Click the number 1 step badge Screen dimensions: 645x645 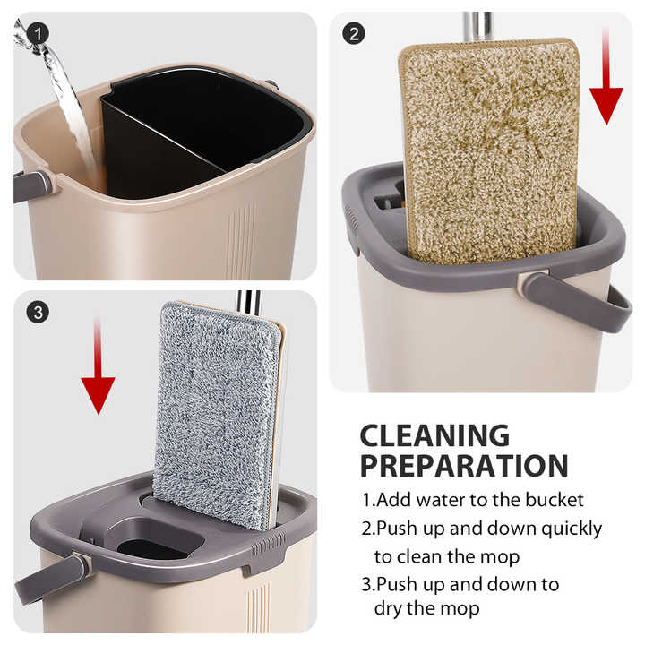pyautogui.click(x=36, y=33)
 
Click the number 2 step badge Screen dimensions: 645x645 pyautogui.click(x=355, y=34)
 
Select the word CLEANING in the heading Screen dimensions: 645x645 pyautogui.click(x=434, y=436)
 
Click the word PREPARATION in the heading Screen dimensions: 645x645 pyautogui.click(x=464, y=467)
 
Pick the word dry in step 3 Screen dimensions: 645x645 pyautogui.click(x=392, y=607)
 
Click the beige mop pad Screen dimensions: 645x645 pyautogui.click(x=489, y=148)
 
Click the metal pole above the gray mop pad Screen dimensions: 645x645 pyautogui.click(x=247, y=303)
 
